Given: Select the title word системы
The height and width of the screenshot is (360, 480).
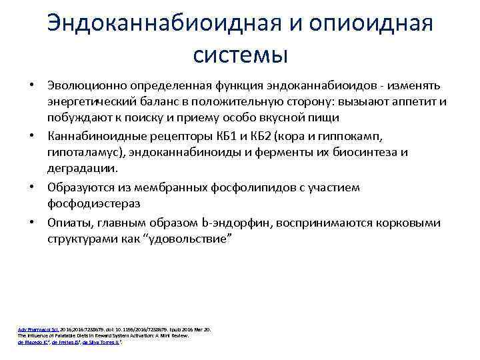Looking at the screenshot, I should pyautogui.click(x=239, y=54).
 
